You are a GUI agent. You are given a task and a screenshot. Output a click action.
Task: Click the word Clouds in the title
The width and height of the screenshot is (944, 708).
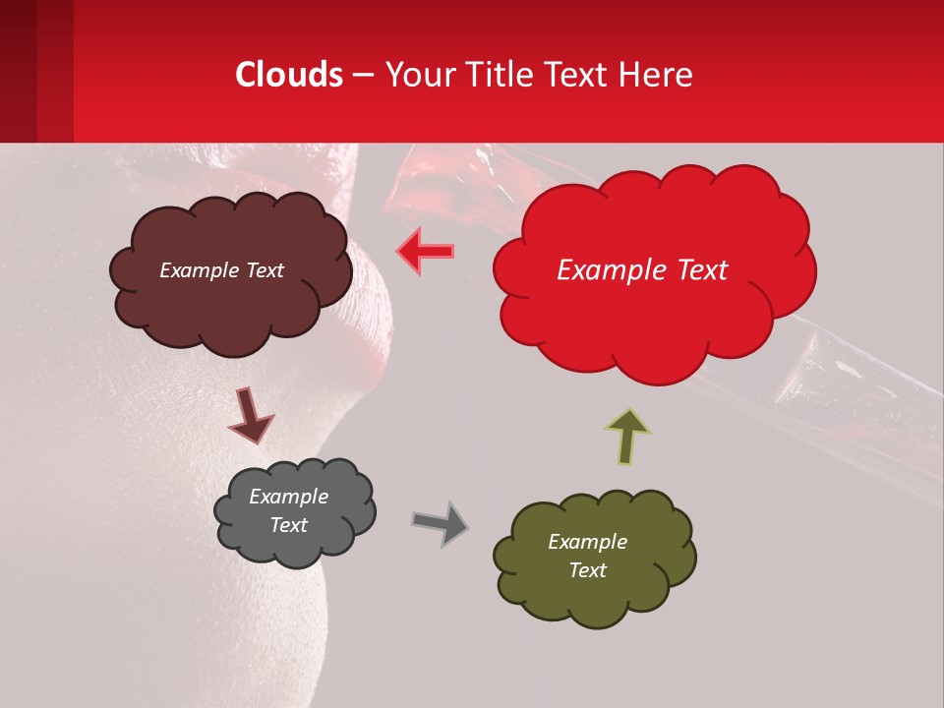click(289, 75)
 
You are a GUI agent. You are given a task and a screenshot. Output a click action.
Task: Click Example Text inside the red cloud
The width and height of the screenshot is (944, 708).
click(642, 270)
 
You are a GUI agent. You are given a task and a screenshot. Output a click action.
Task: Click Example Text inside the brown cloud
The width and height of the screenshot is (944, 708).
click(221, 270)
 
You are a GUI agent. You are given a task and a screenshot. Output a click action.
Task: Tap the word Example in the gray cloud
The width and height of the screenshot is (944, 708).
click(288, 497)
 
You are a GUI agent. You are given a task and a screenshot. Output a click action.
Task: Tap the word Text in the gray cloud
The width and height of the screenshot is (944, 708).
click(288, 525)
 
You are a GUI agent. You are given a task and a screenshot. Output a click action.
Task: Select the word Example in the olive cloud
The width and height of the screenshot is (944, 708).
click(587, 542)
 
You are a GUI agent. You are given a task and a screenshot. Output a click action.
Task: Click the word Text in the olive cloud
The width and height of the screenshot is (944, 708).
click(587, 570)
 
